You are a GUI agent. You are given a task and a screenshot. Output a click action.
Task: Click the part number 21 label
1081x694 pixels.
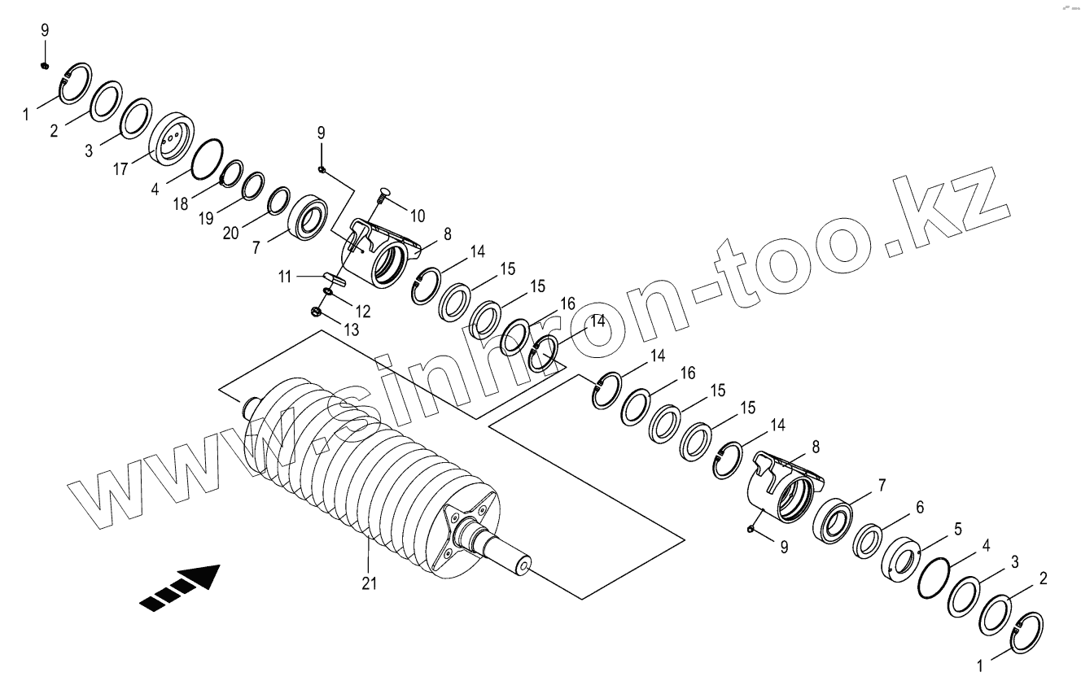tap(370, 583)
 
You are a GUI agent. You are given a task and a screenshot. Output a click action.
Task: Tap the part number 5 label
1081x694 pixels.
tap(958, 529)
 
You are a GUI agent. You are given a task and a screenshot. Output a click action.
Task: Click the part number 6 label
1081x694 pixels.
tap(920, 507)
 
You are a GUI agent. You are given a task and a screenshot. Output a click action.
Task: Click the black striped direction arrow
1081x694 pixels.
tap(181, 588)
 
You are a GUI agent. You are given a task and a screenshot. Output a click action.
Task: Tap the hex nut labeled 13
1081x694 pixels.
tap(317, 311)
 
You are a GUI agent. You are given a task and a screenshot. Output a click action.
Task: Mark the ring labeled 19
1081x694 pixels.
tap(253, 186)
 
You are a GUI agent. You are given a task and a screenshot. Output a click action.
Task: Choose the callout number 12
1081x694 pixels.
tap(362, 311)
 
